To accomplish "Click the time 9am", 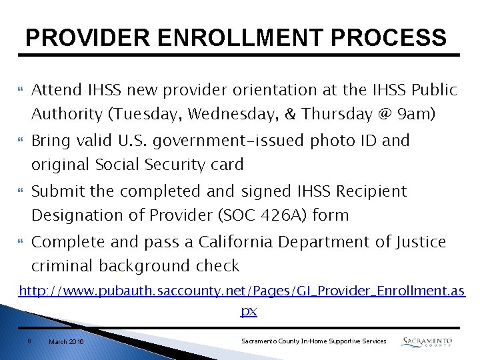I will point(417,114).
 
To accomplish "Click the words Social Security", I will point(154,165).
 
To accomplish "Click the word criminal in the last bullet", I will point(63,265).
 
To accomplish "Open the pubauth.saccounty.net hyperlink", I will point(241,291).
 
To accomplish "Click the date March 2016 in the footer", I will point(66,341).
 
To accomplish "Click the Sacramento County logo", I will point(427,341).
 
